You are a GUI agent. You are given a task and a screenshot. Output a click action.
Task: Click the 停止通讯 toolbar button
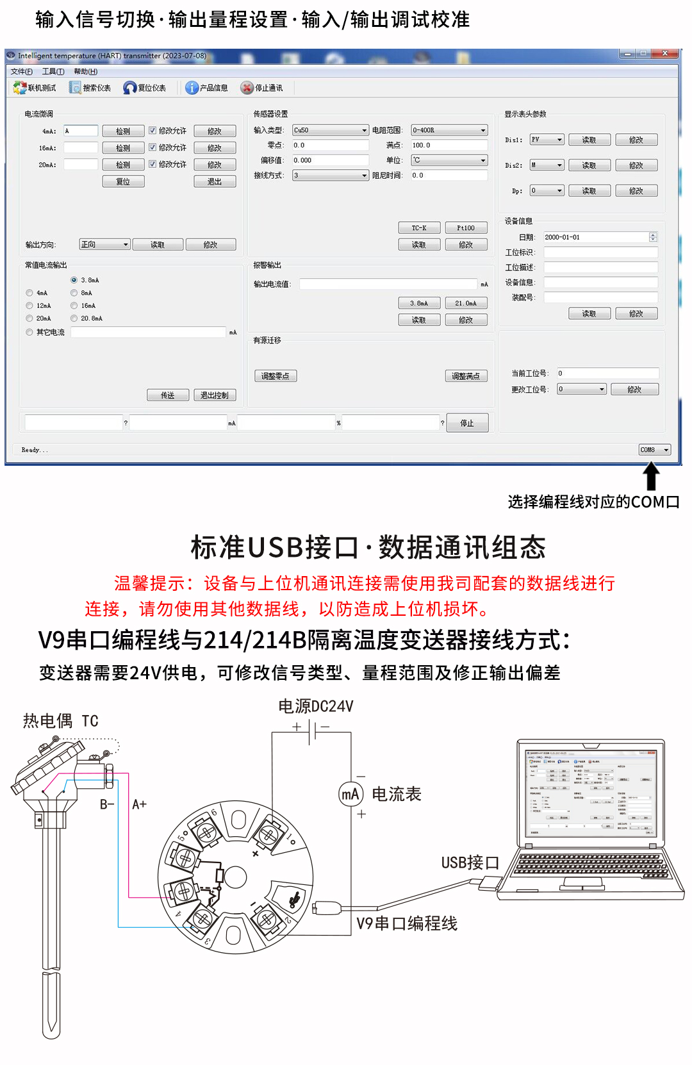click(261, 88)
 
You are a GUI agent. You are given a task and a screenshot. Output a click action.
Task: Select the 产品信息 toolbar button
click(206, 88)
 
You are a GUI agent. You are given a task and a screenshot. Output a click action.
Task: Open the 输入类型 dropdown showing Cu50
click(330, 130)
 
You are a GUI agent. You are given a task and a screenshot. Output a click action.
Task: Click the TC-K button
click(419, 228)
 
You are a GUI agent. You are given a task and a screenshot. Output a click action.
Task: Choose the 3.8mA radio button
click(74, 280)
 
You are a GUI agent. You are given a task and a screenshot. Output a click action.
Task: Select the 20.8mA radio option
click(74, 318)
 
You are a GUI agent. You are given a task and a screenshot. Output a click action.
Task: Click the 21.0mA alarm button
click(466, 303)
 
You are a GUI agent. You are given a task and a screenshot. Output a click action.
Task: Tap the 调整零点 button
click(276, 376)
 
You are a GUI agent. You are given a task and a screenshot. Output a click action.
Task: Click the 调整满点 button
click(466, 376)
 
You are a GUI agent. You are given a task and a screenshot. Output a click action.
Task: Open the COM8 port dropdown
click(654, 450)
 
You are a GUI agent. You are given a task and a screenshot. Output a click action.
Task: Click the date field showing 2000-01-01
click(596, 237)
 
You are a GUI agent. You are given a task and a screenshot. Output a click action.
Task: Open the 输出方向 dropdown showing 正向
click(104, 245)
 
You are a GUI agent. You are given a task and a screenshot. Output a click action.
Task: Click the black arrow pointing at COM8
click(651, 477)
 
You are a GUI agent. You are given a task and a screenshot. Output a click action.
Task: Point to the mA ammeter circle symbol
click(350, 795)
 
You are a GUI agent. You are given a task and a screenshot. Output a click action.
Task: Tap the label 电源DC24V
click(316, 706)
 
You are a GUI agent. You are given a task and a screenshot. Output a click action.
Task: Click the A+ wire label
click(139, 804)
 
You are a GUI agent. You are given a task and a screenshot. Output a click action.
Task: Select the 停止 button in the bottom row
click(467, 423)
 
